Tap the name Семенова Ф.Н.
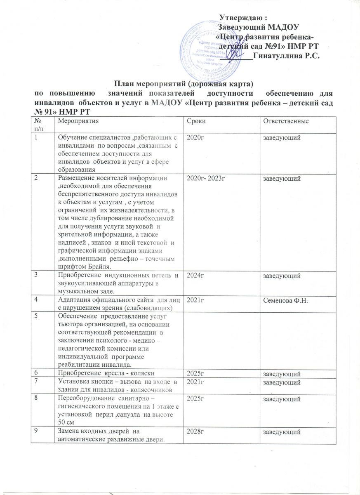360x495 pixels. [283, 297]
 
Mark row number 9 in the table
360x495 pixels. [36, 431]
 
